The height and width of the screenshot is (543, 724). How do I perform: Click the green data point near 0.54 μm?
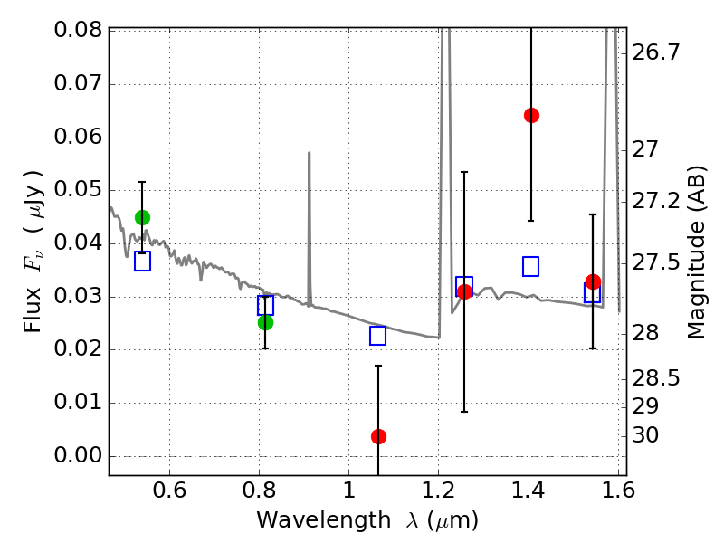(142, 217)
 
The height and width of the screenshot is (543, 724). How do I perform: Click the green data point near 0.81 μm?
(265, 322)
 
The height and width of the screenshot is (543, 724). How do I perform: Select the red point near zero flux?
(378, 436)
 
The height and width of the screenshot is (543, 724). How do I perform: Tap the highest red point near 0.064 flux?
(531, 115)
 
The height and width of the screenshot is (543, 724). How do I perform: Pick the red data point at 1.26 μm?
(465, 291)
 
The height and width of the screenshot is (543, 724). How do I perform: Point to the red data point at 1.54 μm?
(593, 282)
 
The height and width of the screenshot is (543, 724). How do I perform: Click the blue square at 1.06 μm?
(378, 336)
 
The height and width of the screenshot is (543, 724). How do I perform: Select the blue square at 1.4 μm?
(531, 266)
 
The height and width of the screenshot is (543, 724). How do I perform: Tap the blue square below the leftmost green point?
(142, 262)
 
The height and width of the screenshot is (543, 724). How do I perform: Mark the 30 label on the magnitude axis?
(649, 435)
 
